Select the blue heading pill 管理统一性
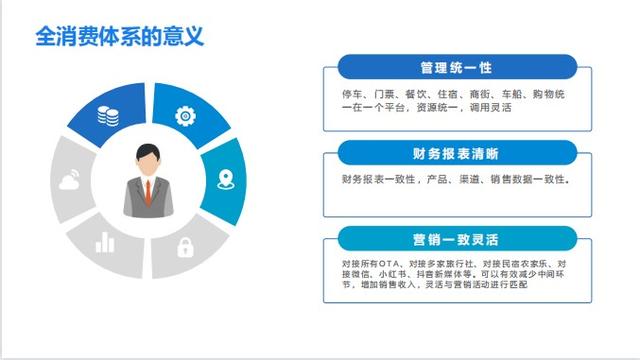pyautogui.click(x=456, y=69)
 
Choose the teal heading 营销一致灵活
pyautogui.click(x=456, y=240)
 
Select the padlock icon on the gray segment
pyautogui.click(x=185, y=246)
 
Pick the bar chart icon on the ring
pyautogui.click(x=105, y=243)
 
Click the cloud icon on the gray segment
pyautogui.click(x=68, y=181)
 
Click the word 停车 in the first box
pyautogui.click(x=351, y=93)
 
